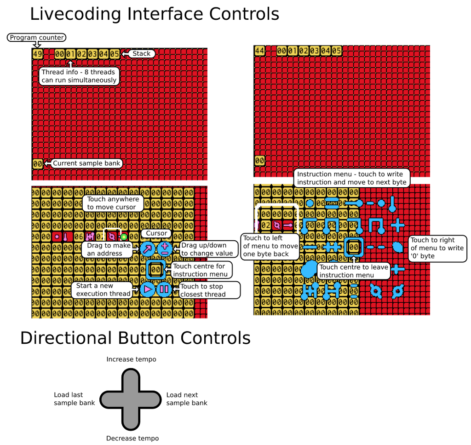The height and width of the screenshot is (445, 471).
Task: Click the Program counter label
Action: click(37, 38)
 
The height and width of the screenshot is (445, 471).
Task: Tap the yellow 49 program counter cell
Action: click(37, 54)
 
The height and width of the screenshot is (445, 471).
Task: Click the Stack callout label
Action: click(141, 54)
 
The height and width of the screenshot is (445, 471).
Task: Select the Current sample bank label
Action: click(86, 163)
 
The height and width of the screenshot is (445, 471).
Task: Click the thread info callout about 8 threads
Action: click(79, 76)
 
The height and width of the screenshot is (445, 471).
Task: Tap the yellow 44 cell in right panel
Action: click(259, 51)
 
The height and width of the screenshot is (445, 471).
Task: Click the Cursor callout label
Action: click(156, 233)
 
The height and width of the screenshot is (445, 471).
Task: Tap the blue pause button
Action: click(164, 289)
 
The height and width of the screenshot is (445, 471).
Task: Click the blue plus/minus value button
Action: click(165, 249)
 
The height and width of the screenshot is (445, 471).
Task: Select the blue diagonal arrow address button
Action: click(148, 249)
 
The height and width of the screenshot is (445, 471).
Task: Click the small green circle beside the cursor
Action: click(124, 237)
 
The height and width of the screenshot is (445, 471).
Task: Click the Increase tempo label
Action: click(131, 359)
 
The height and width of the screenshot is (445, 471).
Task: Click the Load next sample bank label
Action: click(186, 399)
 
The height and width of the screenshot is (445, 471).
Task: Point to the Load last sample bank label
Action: click(74, 399)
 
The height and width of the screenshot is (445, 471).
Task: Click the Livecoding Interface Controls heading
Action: click(155, 14)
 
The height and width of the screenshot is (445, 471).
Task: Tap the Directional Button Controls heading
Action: click(135, 338)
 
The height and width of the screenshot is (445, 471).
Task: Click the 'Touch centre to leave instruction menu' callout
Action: click(354, 271)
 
